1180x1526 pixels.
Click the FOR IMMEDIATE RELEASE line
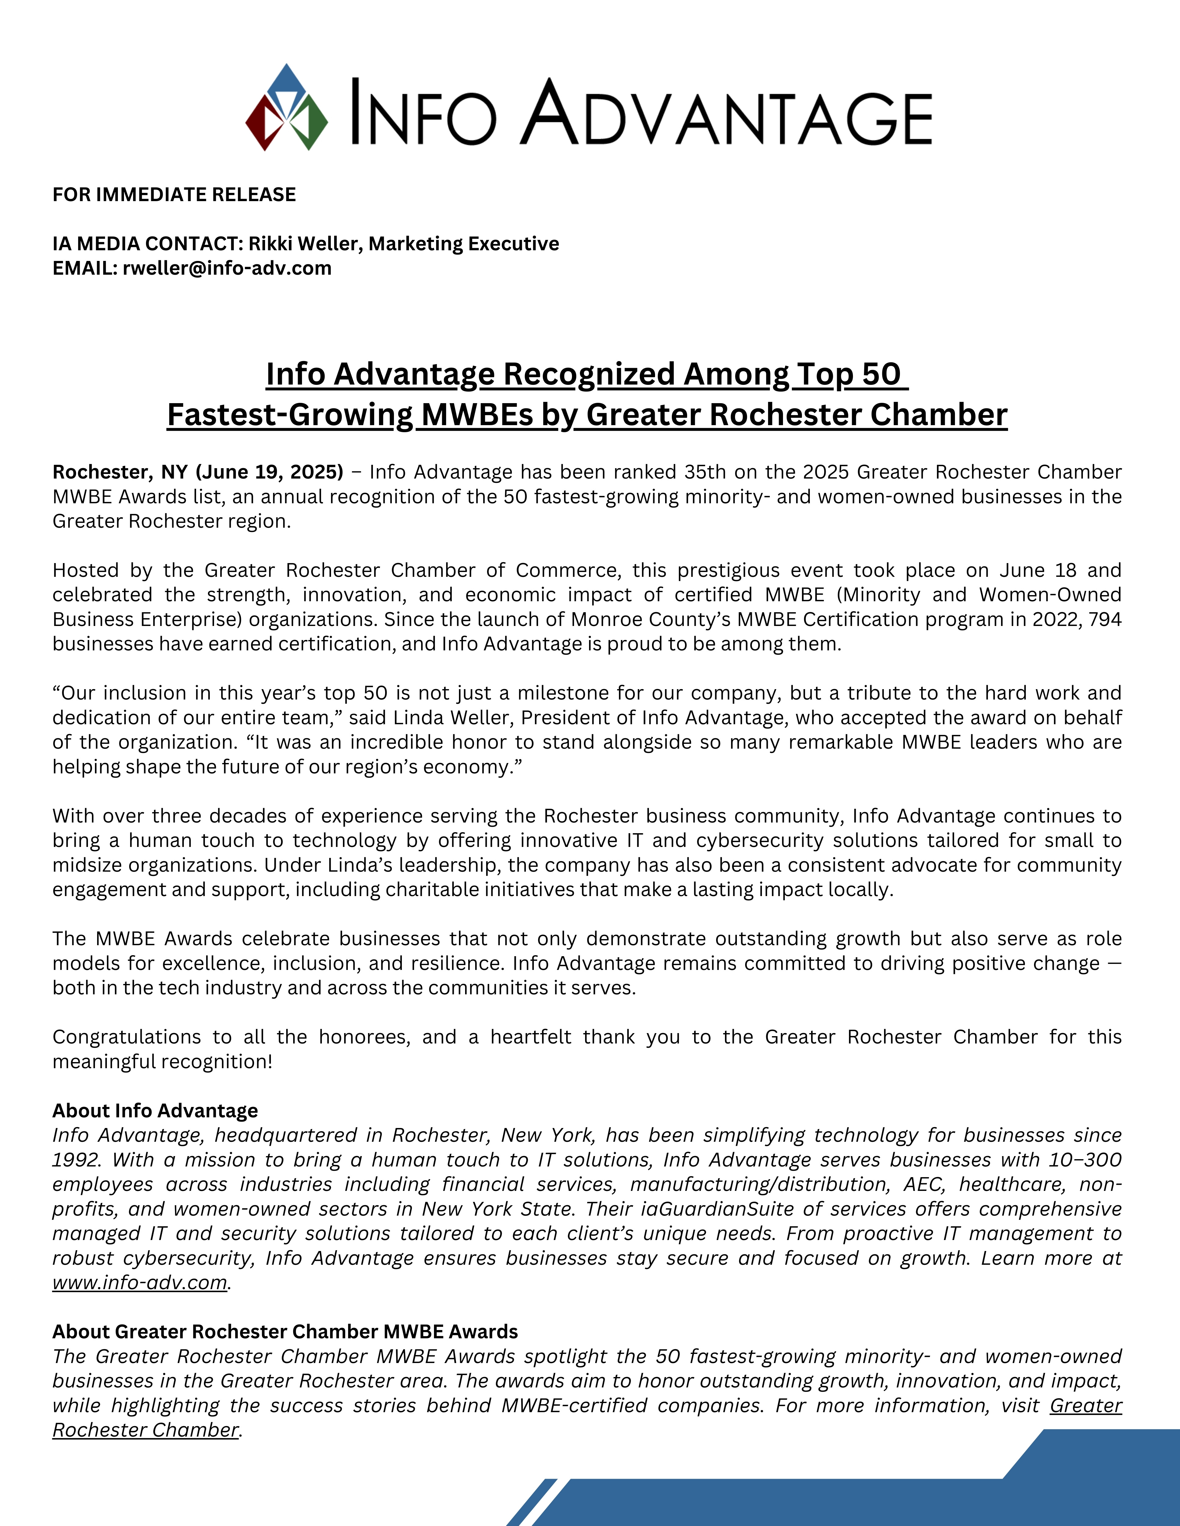coord(174,194)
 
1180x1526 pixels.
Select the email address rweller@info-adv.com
coord(227,268)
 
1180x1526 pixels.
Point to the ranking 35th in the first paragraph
coord(705,472)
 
